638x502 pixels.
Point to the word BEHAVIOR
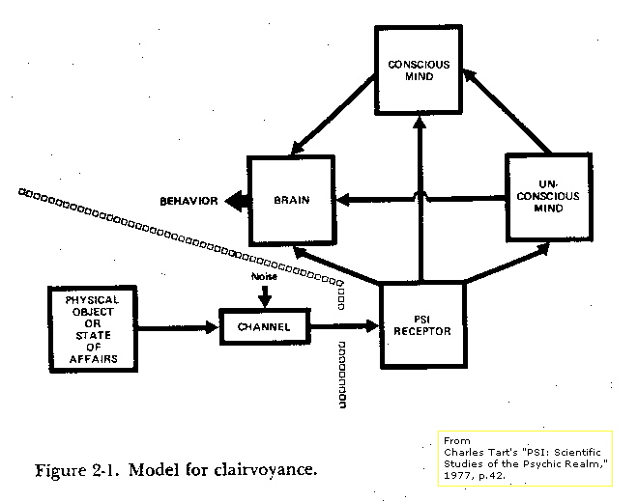(188, 201)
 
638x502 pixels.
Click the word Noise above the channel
(264, 276)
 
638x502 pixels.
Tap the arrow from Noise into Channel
(265, 297)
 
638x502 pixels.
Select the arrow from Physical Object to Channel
(178, 327)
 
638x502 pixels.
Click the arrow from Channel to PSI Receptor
(345, 325)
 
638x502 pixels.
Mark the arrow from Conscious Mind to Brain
(333, 116)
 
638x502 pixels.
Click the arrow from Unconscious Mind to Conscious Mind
(507, 111)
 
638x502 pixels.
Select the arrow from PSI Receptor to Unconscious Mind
(507, 263)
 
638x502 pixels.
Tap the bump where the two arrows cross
(420, 196)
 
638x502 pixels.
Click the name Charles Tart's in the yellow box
(480, 453)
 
